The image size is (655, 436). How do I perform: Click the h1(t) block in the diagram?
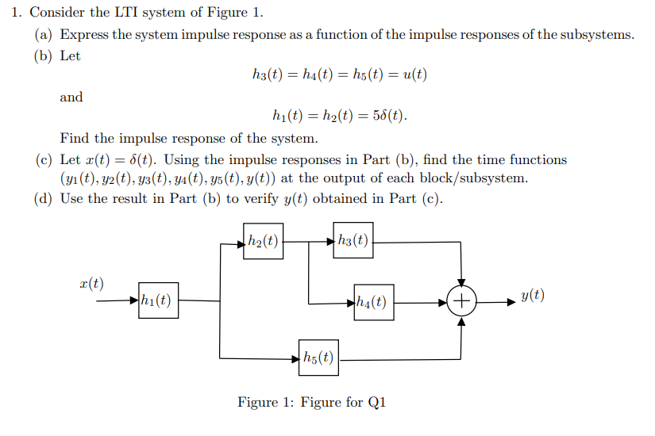pyautogui.click(x=158, y=300)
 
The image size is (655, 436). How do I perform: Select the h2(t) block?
pyautogui.click(x=263, y=242)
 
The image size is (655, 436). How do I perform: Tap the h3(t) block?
pyautogui.click(x=353, y=242)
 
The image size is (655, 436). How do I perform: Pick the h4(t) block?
pyautogui.click(x=373, y=302)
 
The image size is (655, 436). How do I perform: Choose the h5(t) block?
pyautogui.click(x=318, y=358)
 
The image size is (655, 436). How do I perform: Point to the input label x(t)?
pyautogui.click(x=92, y=284)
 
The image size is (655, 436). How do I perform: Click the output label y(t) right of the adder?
pyautogui.click(x=533, y=296)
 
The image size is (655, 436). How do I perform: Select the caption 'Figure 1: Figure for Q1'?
pyautogui.click(x=311, y=403)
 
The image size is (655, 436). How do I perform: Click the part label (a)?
pyautogui.click(x=44, y=35)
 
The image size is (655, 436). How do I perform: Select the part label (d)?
pyautogui.click(x=44, y=198)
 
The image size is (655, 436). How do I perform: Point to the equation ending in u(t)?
pyautogui.click(x=339, y=75)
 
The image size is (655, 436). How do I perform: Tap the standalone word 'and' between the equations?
pyautogui.click(x=71, y=97)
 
